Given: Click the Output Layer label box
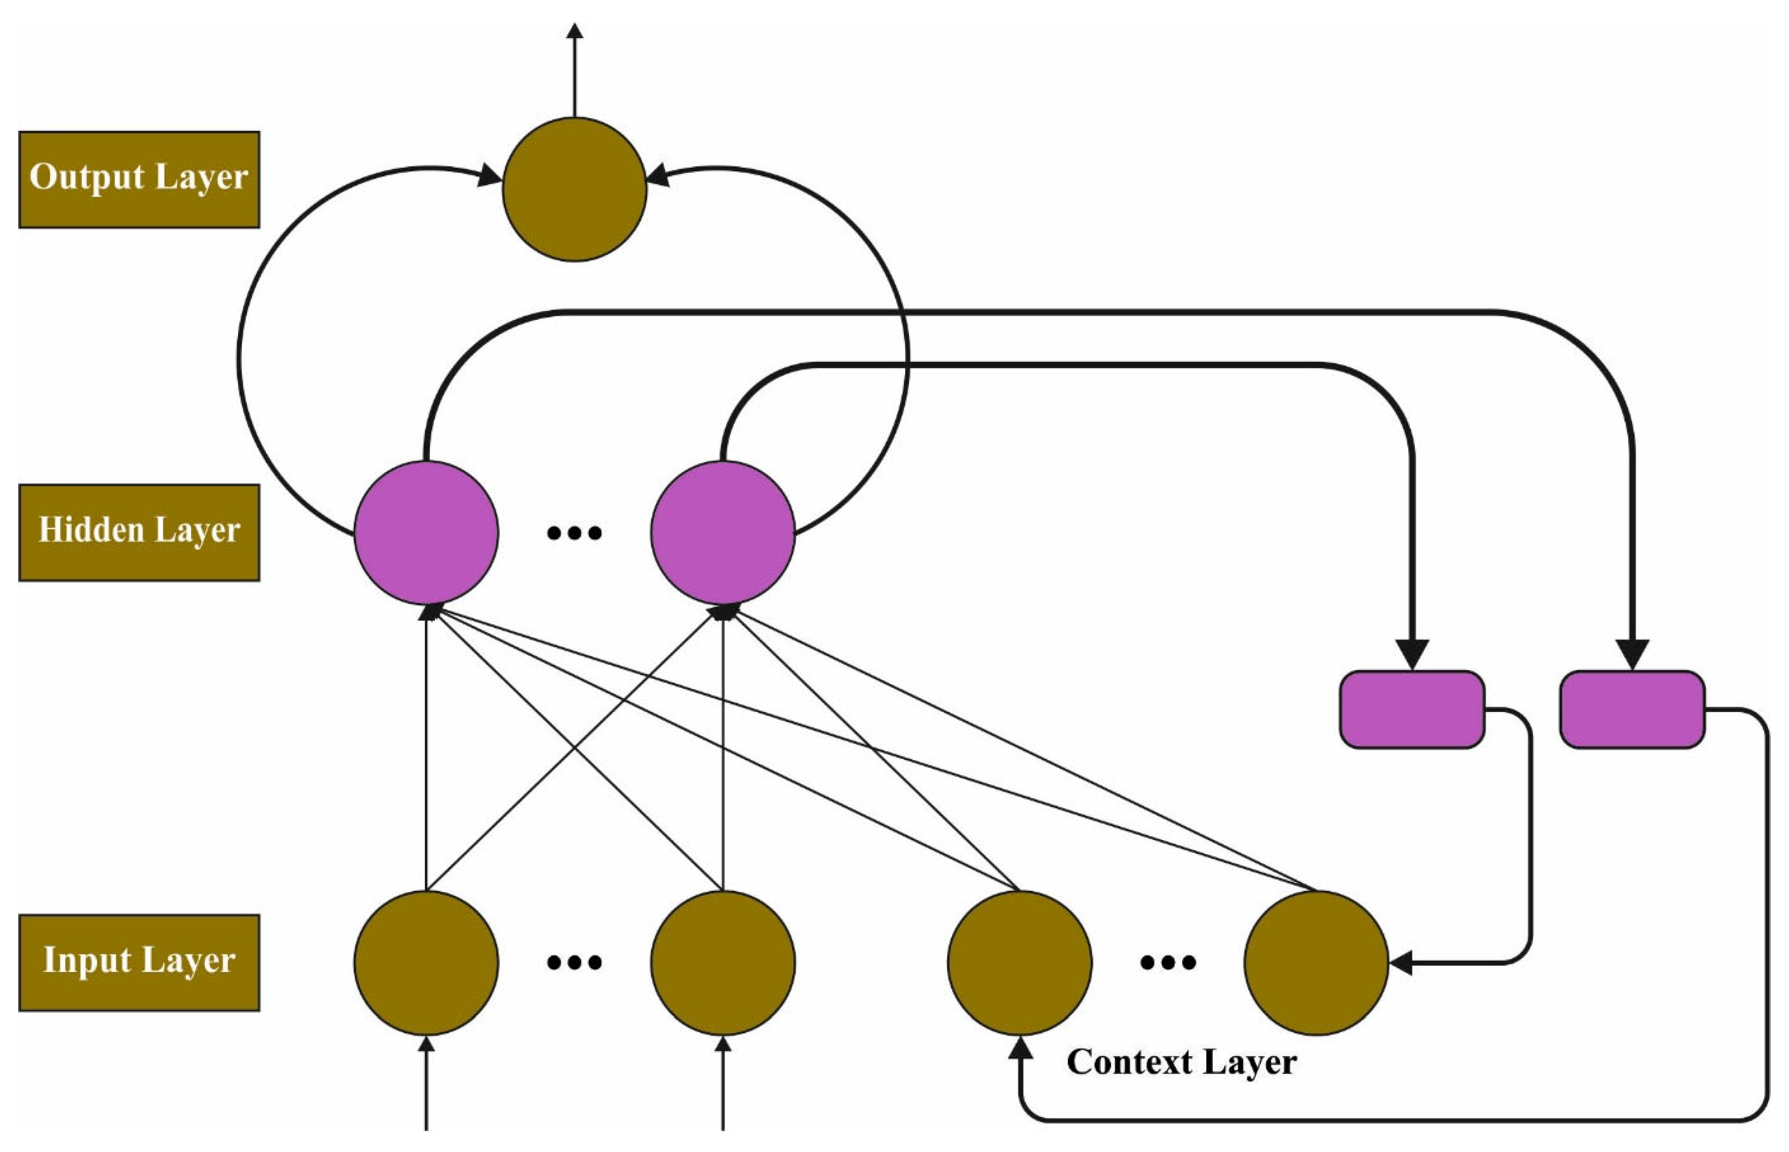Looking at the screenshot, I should point(139,180).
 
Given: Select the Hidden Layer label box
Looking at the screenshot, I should point(139,533).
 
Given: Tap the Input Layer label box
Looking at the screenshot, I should point(139,963).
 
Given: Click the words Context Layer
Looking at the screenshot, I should point(1181,1062).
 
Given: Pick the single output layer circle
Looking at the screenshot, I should point(574,189).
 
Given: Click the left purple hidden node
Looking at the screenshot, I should point(426,533).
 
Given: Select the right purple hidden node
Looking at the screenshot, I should point(723,533).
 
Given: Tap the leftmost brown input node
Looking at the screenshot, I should point(426,963).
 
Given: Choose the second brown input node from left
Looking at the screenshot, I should point(723,963).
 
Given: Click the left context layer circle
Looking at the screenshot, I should point(1019,963).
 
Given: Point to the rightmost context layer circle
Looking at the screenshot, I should point(1316,963).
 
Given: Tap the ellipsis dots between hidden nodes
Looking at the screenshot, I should point(574,533).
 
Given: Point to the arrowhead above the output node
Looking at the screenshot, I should point(574,31).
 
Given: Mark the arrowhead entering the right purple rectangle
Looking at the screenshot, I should point(1632,655).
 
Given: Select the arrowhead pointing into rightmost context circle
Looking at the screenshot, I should point(1400,963).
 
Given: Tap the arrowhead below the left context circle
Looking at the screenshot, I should point(1019,1050).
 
